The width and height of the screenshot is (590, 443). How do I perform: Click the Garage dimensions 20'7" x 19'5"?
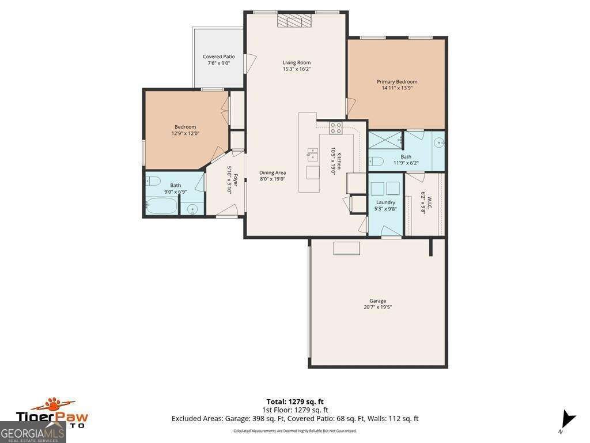pos(377,307)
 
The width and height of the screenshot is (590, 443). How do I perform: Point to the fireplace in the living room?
pos(294,21)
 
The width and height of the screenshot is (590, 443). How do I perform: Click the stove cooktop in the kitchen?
pos(335,128)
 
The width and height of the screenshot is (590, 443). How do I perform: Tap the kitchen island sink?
pos(312,153)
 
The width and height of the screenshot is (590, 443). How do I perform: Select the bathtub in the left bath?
pos(161,205)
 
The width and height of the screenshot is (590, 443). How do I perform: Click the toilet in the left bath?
pos(153,181)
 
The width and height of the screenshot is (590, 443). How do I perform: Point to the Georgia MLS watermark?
pos(33,432)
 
